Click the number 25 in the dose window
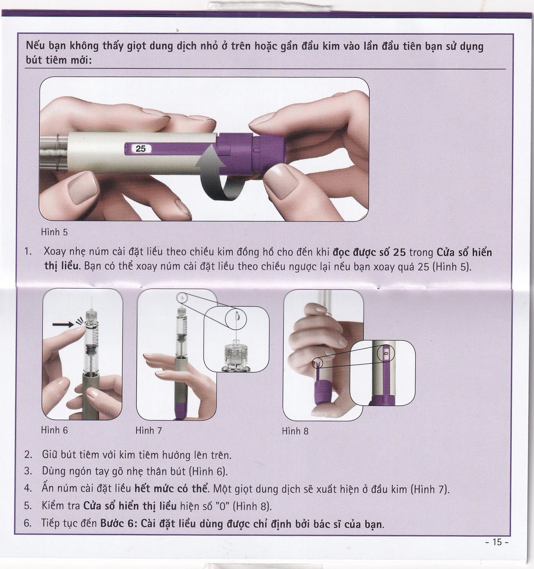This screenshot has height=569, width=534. pos(141,149)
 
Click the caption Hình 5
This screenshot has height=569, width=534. pos(54,232)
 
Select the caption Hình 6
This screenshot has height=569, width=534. pos(54,430)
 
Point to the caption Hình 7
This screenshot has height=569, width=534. pos(149,430)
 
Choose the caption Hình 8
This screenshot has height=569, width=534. pos(295,431)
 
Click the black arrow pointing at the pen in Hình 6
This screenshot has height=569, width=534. pos(63,325)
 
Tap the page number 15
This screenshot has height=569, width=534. pos(497,542)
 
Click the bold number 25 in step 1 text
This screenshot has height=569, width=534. pos(399,252)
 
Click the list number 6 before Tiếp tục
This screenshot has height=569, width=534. pos(28,523)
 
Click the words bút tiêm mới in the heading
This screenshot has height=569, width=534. pos(59,60)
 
